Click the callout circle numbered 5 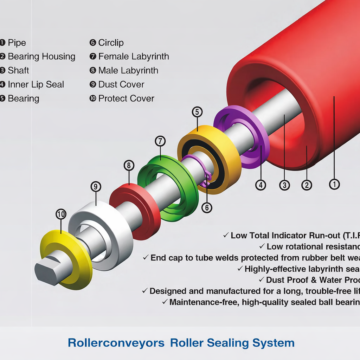coord(197,112)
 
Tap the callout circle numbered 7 coord(160,141)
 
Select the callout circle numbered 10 coord(61,214)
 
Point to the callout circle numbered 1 coord(334,184)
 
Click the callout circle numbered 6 coord(207,208)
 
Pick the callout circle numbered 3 coord(284,185)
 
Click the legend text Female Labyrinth coord(134,57)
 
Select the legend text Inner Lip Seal coord(36,85)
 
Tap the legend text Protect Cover coord(126,99)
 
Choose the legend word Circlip coord(111,43)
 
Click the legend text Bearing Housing coord(41,57)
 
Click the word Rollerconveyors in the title coord(116,343)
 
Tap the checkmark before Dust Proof coord(261,280)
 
